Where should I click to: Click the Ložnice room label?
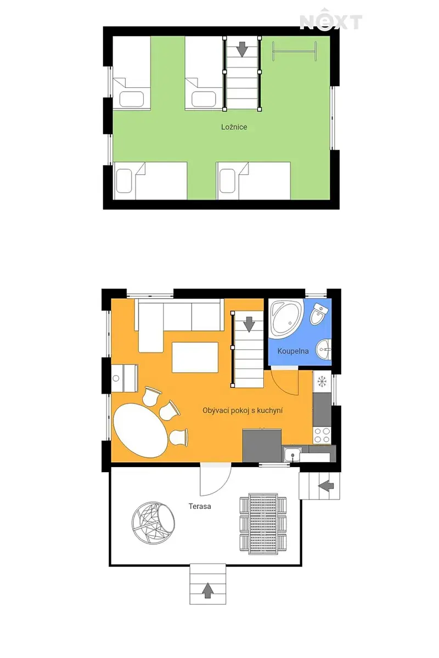pyautogui.click(x=234, y=127)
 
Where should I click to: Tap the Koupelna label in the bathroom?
pyautogui.click(x=293, y=351)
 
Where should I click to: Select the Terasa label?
pyautogui.click(x=200, y=506)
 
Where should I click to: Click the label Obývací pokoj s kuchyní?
pyautogui.click(x=243, y=411)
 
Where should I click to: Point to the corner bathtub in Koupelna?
pyautogui.click(x=286, y=318)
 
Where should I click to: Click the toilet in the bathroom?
pyautogui.click(x=318, y=314)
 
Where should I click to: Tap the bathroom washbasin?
pyautogui.click(x=323, y=349)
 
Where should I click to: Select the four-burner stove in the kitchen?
pyautogui.click(x=322, y=435)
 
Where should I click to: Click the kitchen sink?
pyautogui.click(x=292, y=455)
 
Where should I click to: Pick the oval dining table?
pyautogui.click(x=140, y=430)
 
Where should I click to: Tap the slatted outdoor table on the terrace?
pyautogui.click(x=263, y=524)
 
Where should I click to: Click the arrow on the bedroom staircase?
pyautogui.click(x=243, y=49)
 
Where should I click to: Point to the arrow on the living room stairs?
pyautogui.click(x=249, y=324)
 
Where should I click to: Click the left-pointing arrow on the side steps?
pyautogui.click(x=326, y=486)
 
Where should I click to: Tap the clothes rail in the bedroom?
pyautogui.click(x=294, y=51)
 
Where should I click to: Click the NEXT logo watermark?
pyautogui.click(x=331, y=20)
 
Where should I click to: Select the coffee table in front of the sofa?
pyautogui.click(x=195, y=357)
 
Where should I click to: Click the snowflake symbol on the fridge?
pyautogui.click(x=322, y=381)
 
